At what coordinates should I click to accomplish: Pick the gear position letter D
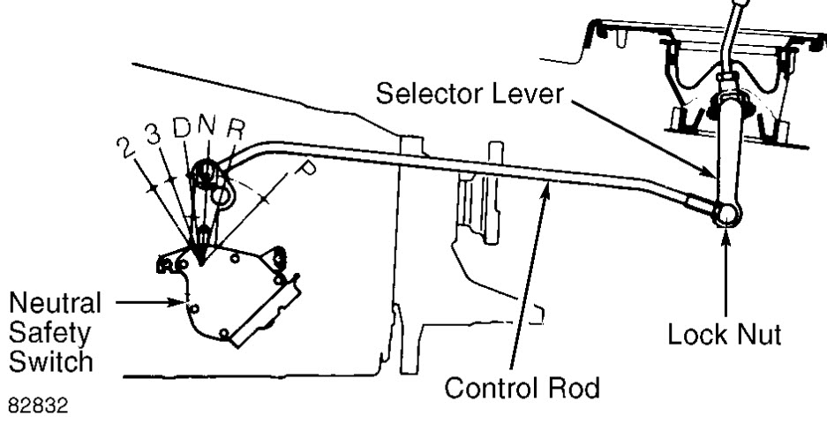[182, 130]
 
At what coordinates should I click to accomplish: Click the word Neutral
[55, 304]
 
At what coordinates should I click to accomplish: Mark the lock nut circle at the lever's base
[727, 213]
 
